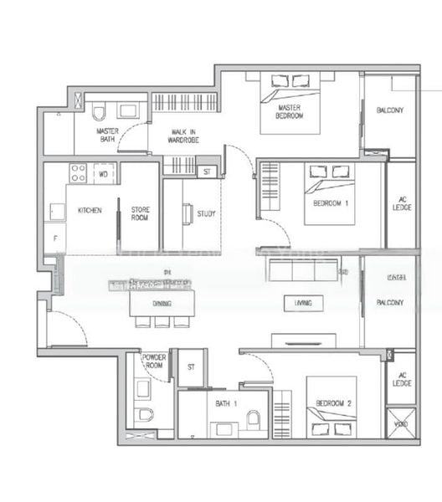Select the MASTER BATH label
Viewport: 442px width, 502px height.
point(107,135)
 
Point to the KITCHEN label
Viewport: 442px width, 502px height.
point(90,211)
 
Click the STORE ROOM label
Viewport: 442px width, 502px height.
point(140,214)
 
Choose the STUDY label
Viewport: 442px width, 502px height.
point(205,214)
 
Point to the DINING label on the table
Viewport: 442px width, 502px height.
point(162,305)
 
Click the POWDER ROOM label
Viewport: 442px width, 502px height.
point(154,361)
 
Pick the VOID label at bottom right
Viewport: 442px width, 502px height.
point(401,425)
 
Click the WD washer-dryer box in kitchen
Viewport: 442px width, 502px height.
point(104,174)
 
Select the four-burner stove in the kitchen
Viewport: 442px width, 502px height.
point(78,173)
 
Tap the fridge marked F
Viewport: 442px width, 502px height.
point(55,238)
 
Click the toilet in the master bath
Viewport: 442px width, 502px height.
point(99,112)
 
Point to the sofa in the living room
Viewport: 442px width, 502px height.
point(302,269)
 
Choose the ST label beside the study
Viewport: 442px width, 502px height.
point(207,172)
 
